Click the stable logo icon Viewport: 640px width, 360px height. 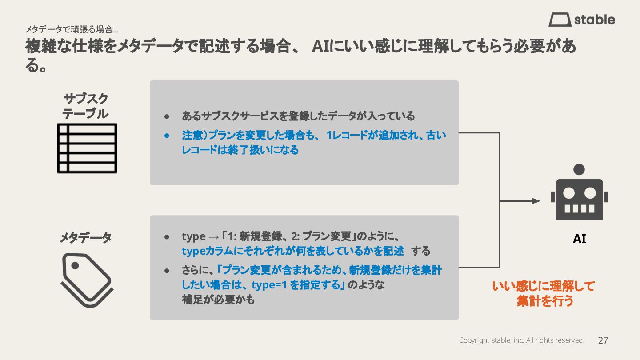(x=560, y=20)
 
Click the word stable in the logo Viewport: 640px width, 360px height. (x=594, y=20)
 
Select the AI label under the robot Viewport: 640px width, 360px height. (x=579, y=239)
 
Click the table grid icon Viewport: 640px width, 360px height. (x=87, y=148)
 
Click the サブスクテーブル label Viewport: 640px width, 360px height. (x=86, y=106)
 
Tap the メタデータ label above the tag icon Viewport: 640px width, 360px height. (x=86, y=238)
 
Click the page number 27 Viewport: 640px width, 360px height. (x=603, y=340)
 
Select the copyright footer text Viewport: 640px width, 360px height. (x=521, y=340)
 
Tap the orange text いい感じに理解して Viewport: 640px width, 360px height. (x=543, y=286)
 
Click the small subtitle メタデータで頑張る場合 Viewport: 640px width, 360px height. (x=71, y=30)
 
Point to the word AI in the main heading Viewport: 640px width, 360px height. (x=320, y=47)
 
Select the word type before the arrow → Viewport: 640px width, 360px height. (x=193, y=236)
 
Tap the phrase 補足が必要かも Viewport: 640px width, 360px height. (x=218, y=300)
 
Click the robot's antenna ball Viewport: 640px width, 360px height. (x=579, y=169)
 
